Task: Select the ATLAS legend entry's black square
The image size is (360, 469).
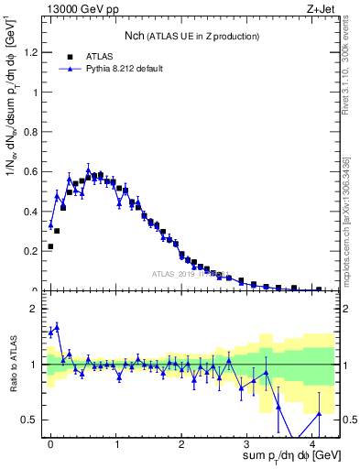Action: pos(70,55)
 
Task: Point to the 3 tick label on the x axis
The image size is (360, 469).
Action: pos(248,444)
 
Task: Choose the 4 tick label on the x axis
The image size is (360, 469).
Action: pos(314,444)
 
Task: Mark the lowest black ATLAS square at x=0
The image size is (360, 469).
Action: pos(50,246)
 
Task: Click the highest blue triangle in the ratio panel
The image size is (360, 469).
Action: pos(57,326)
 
